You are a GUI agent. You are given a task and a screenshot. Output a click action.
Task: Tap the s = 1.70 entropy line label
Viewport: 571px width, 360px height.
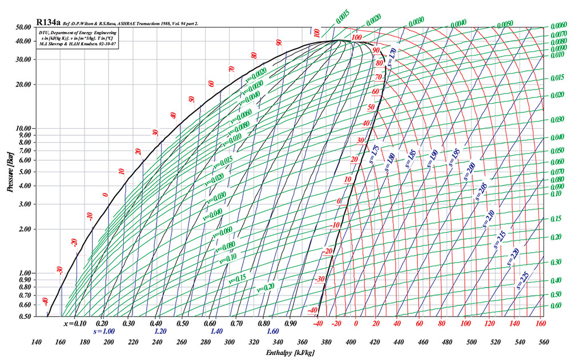[391, 58]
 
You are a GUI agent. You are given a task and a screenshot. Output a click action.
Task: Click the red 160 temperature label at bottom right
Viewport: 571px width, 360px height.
[541, 323]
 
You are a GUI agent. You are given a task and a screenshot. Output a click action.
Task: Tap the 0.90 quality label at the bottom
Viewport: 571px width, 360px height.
[292, 323]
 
